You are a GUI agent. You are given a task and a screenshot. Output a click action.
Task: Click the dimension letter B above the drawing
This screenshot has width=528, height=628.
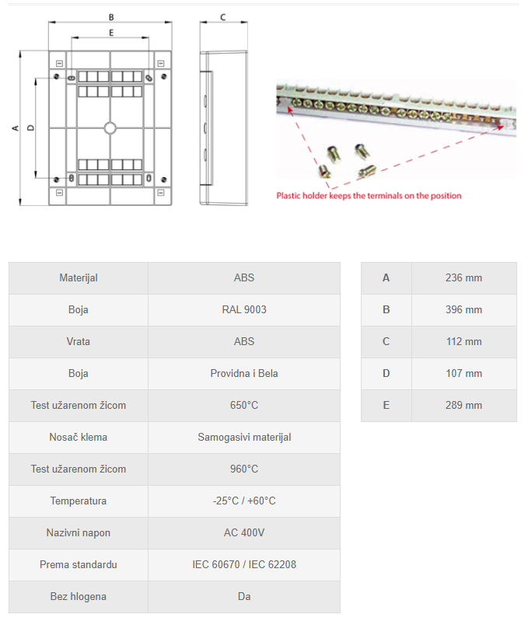(111, 16)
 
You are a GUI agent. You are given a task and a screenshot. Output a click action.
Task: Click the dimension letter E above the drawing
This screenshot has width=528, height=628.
(111, 33)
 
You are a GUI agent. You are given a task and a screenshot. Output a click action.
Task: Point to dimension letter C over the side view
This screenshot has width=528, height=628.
(223, 16)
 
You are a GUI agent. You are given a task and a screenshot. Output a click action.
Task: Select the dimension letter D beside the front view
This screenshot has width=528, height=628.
(30, 128)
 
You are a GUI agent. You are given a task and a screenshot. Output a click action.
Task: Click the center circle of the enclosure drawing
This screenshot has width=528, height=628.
(110, 128)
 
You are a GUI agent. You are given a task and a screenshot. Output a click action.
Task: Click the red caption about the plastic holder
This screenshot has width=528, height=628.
(369, 195)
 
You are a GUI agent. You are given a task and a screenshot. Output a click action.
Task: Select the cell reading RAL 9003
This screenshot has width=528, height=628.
(243, 309)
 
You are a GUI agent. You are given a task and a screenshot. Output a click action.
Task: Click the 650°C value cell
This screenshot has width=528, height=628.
(243, 405)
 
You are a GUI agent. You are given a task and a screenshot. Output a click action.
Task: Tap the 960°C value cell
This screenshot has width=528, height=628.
(243, 469)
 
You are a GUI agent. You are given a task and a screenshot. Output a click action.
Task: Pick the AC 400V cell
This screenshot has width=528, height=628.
(243, 532)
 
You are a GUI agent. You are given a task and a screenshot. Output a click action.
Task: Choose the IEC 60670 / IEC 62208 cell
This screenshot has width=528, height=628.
(243, 564)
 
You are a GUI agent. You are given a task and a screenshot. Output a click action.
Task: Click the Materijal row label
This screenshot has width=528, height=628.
(79, 277)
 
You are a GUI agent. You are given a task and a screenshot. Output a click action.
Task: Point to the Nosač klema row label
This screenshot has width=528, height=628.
(79, 437)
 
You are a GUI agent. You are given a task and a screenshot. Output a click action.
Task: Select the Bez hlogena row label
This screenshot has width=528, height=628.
(79, 596)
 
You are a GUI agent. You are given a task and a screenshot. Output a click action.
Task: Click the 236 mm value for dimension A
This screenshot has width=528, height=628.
(463, 277)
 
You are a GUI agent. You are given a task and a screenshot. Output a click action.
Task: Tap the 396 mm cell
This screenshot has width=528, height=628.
(463, 309)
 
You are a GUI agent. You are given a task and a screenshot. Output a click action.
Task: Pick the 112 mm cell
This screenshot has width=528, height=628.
(463, 341)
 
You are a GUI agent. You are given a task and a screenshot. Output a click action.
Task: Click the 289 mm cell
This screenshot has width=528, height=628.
(463, 405)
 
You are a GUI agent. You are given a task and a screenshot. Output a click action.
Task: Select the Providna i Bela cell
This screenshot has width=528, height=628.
(243, 373)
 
